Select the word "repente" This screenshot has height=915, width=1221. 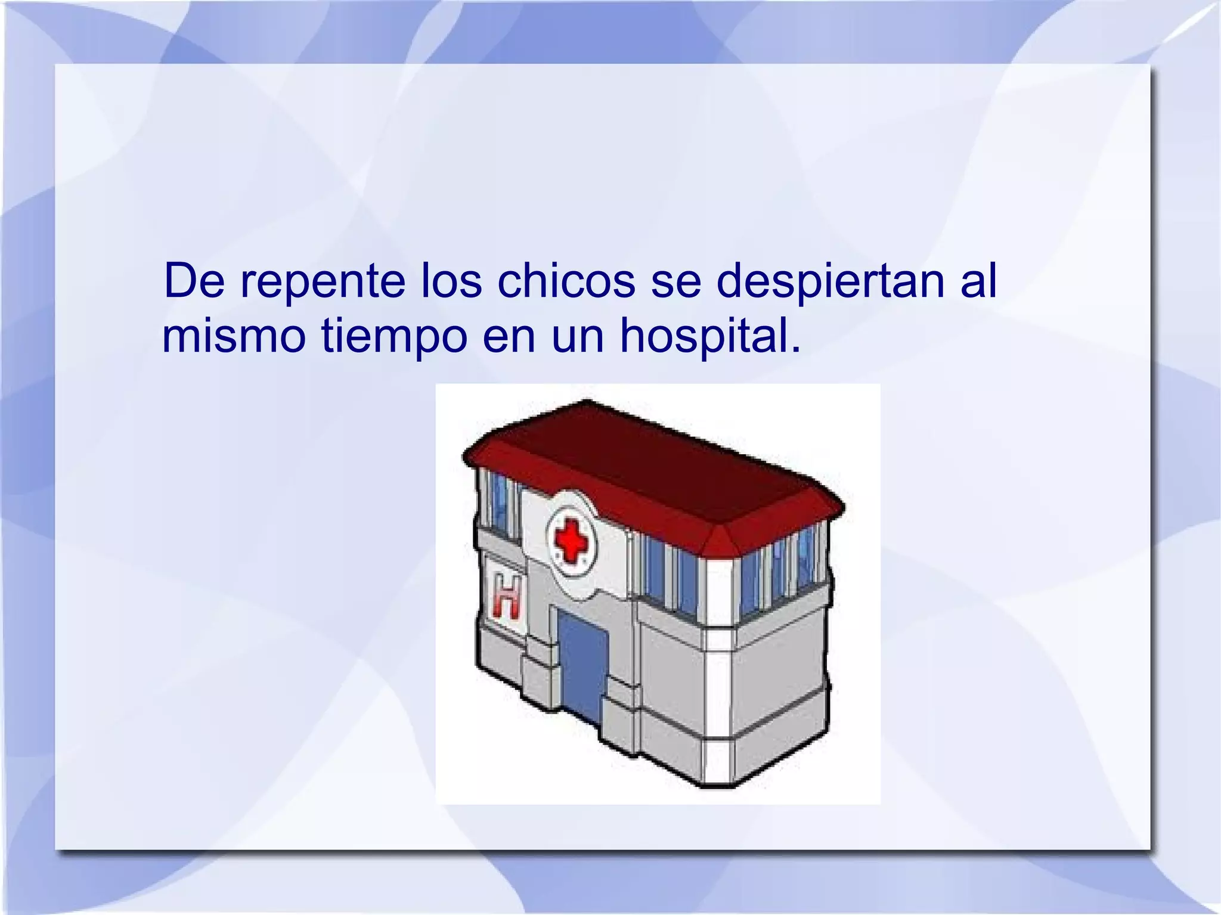tap(323, 281)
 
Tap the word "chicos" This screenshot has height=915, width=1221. tap(566, 280)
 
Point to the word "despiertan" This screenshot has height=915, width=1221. tap(830, 281)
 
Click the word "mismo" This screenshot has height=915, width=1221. tap(233, 336)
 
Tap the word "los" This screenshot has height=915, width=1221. tap(451, 280)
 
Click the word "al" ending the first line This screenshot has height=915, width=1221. tap(978, 280)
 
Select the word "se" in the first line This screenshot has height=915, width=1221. tap(675, 281)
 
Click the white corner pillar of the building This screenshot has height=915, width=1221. tap(717, 674)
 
